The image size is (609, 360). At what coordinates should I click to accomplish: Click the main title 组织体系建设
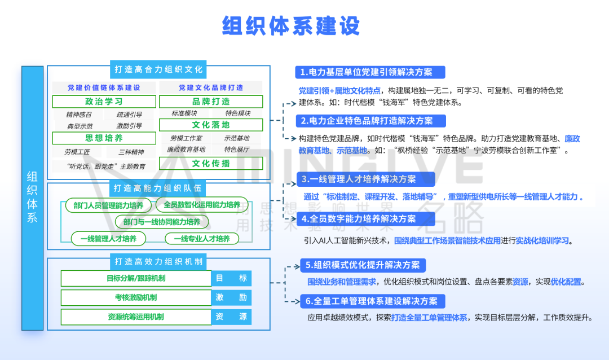tap(291, 26)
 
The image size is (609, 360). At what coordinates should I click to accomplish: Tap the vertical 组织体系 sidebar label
tap(32, 197)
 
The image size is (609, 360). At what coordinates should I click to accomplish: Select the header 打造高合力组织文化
tap(158, 70)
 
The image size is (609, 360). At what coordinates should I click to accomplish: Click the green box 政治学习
tap(104, 102)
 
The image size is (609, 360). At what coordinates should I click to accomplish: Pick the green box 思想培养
tap(104, 138)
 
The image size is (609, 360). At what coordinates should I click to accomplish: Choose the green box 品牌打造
tap(211, 102)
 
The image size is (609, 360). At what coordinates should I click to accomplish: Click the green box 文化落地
tap(211, 125)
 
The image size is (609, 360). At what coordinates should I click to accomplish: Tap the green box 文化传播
tap(211, 164)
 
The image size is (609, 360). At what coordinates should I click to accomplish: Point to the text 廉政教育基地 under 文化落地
tap(186, 150)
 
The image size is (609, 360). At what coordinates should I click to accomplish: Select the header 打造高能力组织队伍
tap(158, 188)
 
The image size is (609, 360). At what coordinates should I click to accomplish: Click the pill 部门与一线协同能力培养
tap(162, 222)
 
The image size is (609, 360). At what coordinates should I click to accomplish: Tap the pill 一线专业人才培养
tap(202, 239)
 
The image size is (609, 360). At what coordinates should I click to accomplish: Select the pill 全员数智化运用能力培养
tap(202, 205)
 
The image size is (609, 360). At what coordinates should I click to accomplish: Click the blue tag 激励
tap(231, 298)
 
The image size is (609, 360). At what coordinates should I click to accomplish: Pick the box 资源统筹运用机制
tap(136, 317)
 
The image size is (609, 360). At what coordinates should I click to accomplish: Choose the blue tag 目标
tap(231, 278)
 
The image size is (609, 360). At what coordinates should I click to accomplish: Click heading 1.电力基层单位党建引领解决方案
tap(370, 72)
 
